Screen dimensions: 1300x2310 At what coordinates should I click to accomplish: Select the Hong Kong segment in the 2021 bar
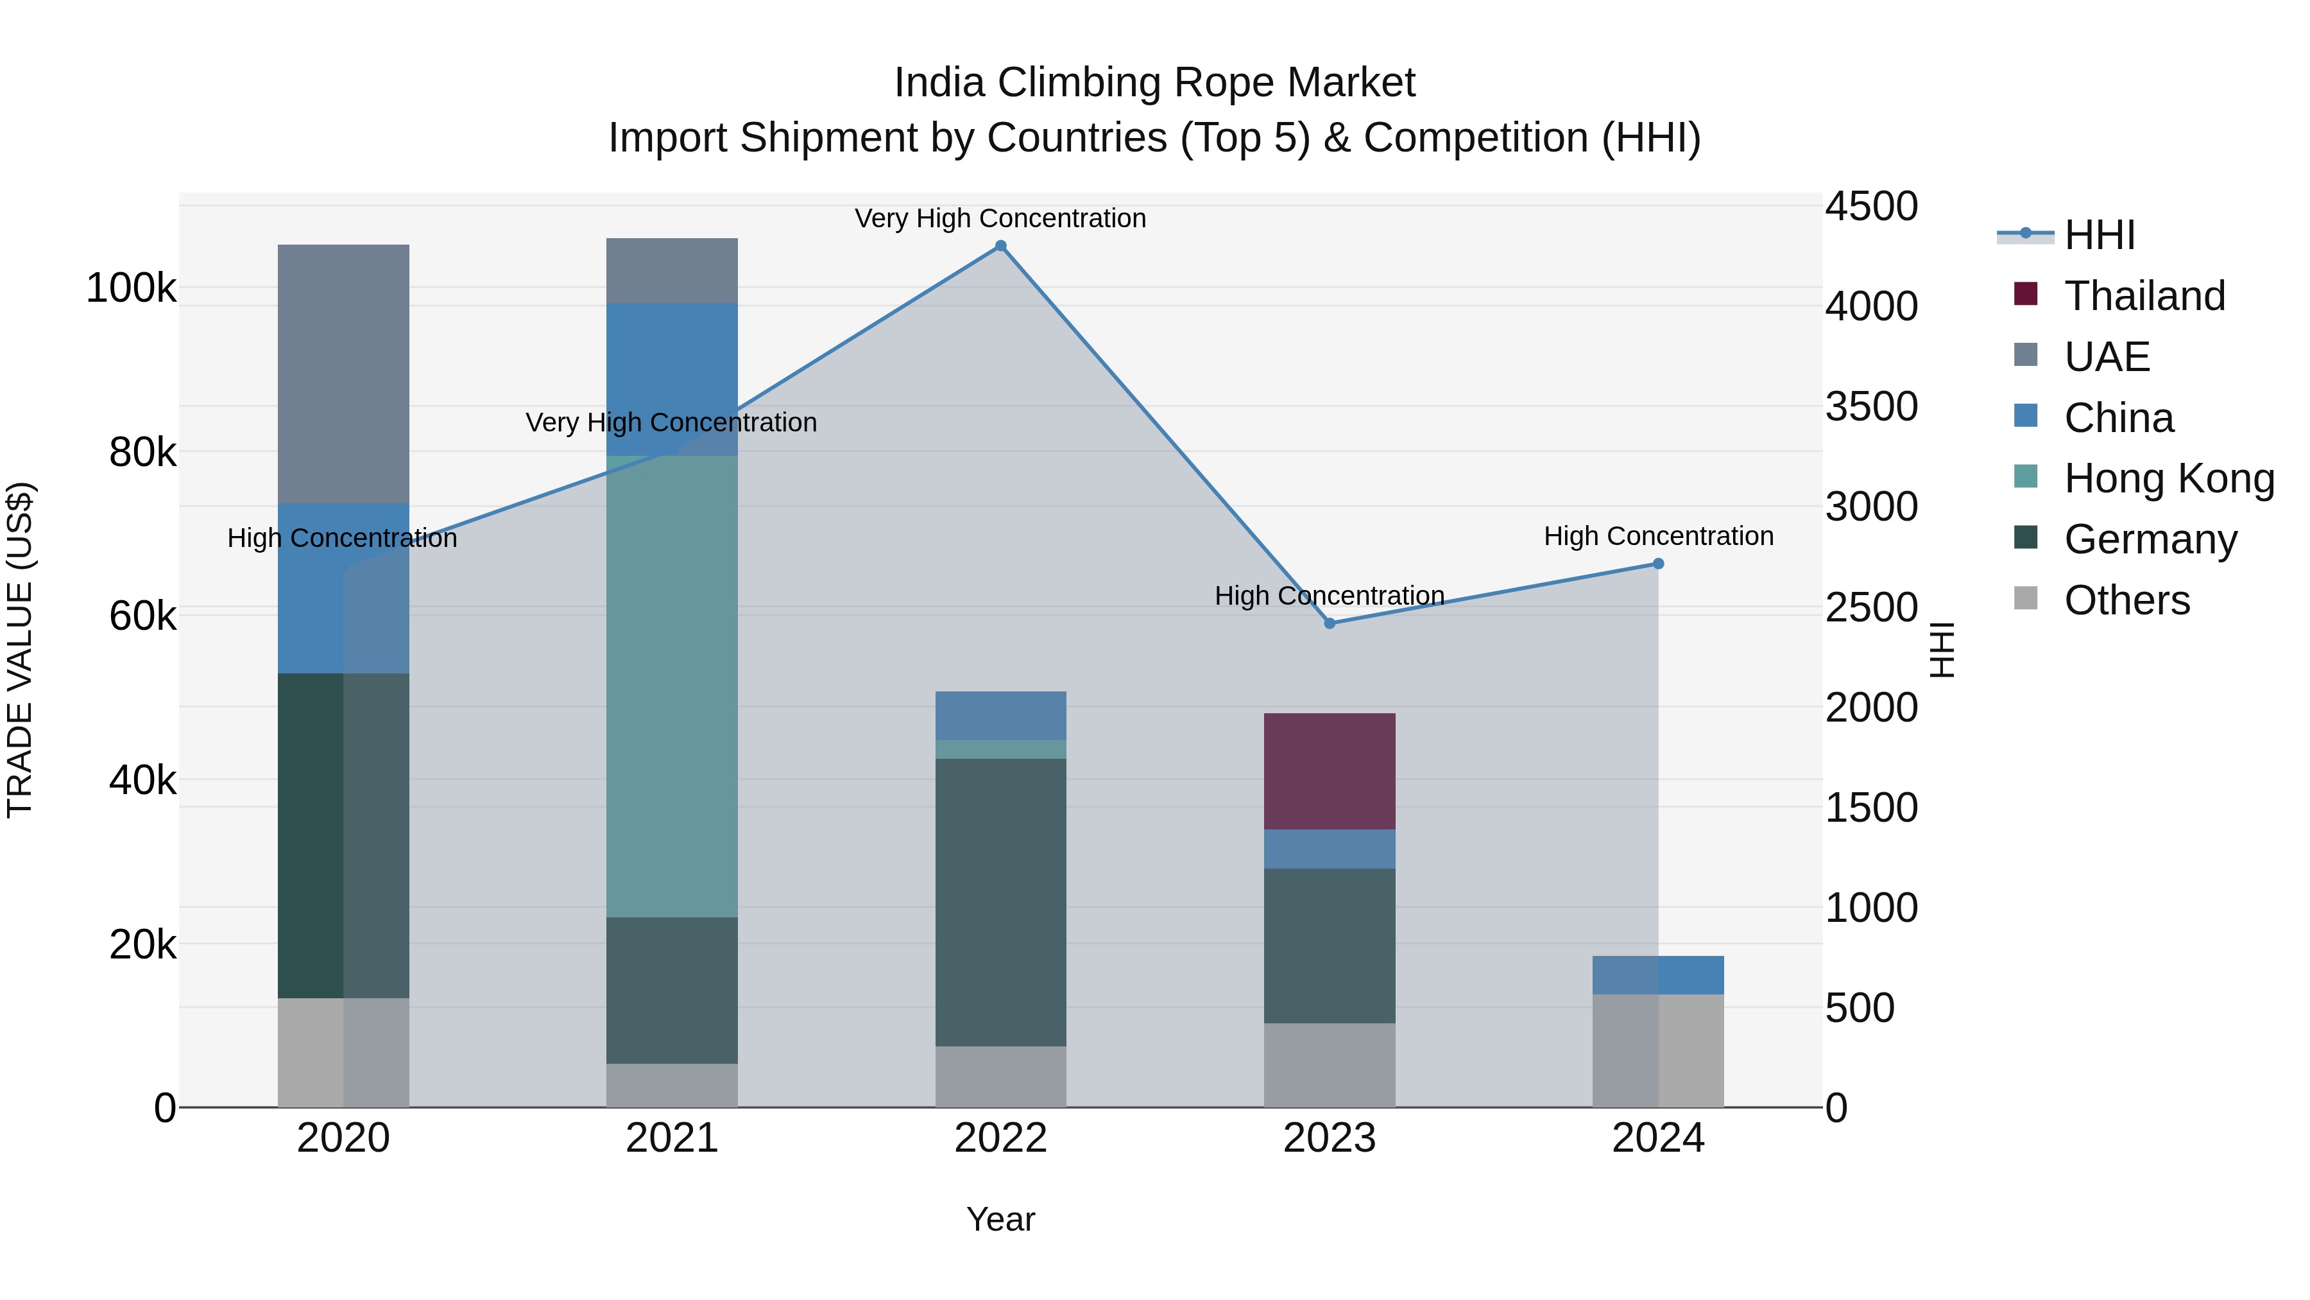pos(672,686)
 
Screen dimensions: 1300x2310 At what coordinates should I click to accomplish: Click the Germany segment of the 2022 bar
pos(1001,902)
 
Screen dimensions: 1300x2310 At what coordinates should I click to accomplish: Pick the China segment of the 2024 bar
pos(1658,975)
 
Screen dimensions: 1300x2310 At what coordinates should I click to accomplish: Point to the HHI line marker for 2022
pos(1001,246)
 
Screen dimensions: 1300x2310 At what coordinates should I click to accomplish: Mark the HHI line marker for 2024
pos(1658,564)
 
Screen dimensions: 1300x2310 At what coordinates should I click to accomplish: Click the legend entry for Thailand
pos(2143,295)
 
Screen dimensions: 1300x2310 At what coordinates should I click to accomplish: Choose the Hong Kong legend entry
pos(2168,478)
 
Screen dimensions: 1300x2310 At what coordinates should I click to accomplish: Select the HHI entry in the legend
pos(2098,235)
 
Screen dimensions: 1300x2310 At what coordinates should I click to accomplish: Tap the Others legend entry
pos(2125,600)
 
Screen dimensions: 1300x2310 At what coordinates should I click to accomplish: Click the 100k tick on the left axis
pos(131,288)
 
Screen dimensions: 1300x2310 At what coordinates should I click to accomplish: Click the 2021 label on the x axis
pos(672,1138)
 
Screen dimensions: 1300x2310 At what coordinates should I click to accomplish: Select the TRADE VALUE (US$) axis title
pos(20,650)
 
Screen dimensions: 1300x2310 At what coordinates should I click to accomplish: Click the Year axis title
pos(1001,1219)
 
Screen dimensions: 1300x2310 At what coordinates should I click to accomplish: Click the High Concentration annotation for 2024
pos(1658,535)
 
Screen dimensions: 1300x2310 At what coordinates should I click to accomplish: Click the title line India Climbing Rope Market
pos(1154,83)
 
